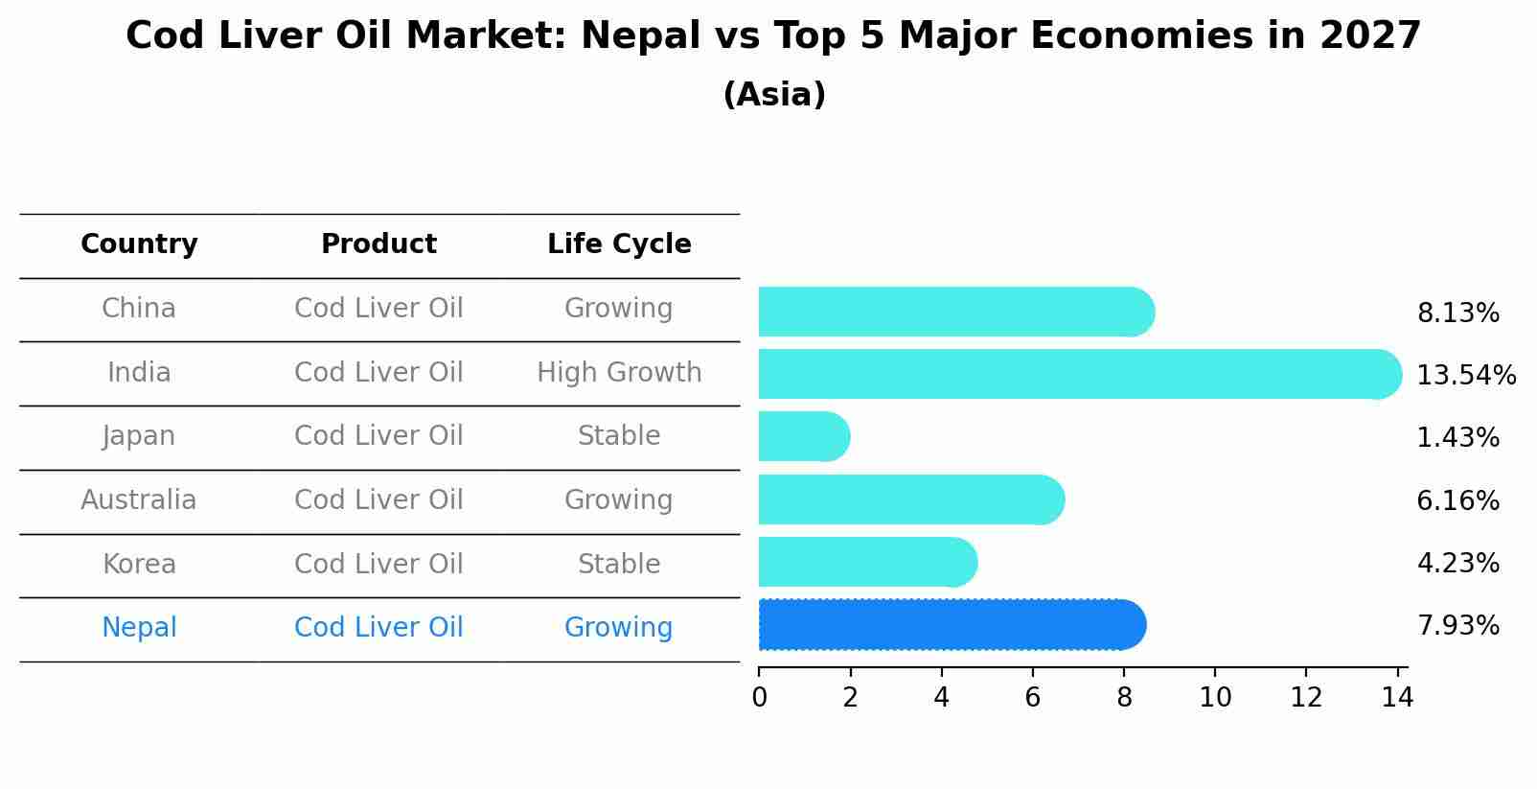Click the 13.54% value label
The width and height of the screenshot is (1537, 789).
pyautogui.click(x=1466, y=375)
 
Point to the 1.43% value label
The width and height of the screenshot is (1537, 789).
pyautogui.click(x=1457, y=438)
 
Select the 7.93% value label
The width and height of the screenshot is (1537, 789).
pyautogui.click(x=1457, y=626)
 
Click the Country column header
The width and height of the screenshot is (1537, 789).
pyautogui.click(x=139, y=244)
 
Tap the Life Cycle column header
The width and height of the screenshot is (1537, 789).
pyautogui.click(x=619, y=244)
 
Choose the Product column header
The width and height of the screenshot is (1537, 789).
pyautogui.click(x=379, y=244)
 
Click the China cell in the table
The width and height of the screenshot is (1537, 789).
pyautogui.click(x=139, y=309)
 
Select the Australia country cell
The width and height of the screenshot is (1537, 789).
pyautogui.click(x=139, y=500)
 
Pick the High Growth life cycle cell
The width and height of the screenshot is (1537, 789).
pyautogui.click(x=619, y=373)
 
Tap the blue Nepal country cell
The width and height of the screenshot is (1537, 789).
pyautogui.click(x=139, y=628)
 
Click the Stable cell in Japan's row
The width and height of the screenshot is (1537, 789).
pyautogui.click(x=619, y=436)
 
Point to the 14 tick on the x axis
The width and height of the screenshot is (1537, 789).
pyautogui.click(x=1397, y=698)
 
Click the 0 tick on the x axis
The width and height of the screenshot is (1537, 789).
pyautogui.click(x=759, y=698)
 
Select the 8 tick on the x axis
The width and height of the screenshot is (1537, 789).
pyautogui.click(x=1124, y=698)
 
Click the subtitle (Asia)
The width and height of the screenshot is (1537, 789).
pyautogui.click(x=774, y=95)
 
